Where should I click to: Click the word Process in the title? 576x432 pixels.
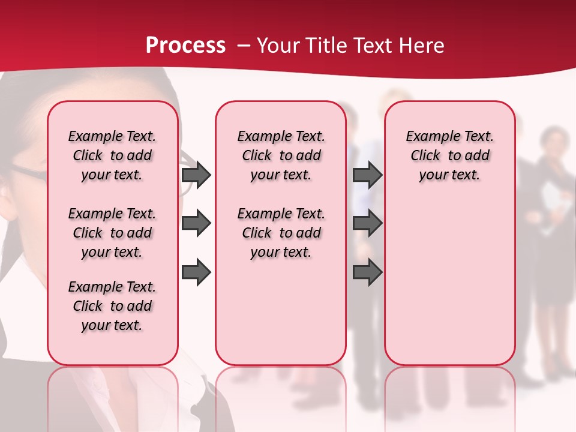click(185, 46)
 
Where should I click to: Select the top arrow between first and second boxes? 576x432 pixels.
click(196, 175)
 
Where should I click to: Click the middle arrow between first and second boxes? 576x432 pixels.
click(196, 223)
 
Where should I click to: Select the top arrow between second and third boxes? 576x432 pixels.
click(367, 175)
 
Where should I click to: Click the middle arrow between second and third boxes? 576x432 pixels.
click(367, 223)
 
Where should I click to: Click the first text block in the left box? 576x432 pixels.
click(112, 155)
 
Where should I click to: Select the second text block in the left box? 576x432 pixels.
click(112, 233)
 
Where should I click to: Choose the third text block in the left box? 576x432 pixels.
click(112, 306)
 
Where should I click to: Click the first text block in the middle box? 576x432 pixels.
click(281, 155)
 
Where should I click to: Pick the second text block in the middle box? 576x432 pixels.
click(281, 233)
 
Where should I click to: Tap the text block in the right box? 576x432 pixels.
click(449, 155)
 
